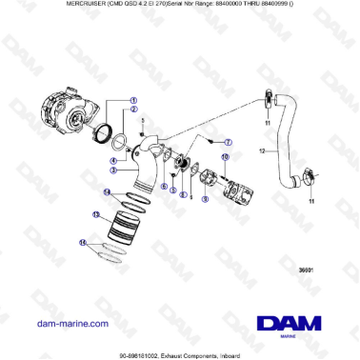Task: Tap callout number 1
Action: point(133,100)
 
